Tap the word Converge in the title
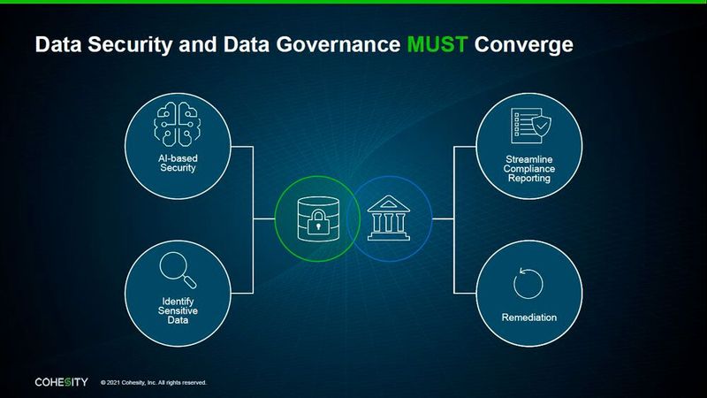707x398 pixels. point(521,45)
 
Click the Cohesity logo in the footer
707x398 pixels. point(61,382)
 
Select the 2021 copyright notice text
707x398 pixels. point(154,383)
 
